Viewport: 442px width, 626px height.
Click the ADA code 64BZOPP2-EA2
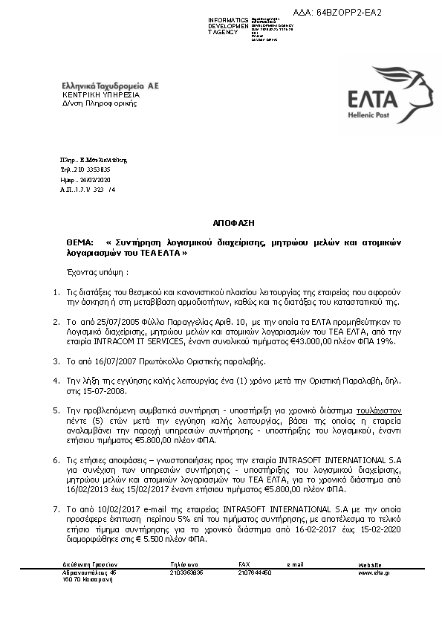(348, 13)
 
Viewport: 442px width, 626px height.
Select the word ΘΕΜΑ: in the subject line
(79, 243)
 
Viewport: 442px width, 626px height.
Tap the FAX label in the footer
(244, 564)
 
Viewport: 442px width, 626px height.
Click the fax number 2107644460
(254, 573)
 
